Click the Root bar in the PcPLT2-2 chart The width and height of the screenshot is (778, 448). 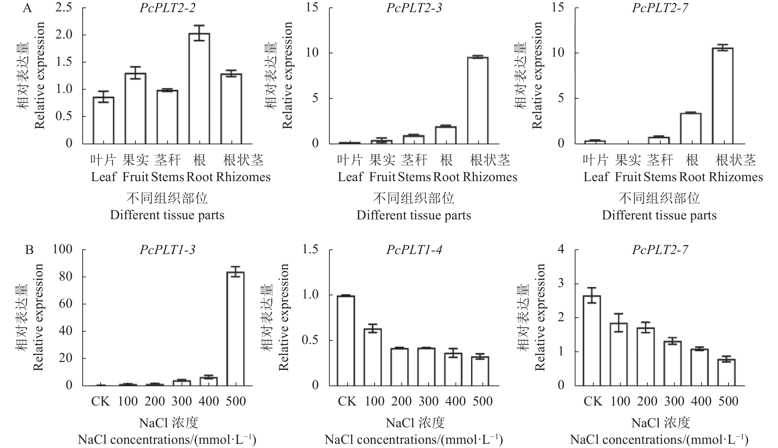tap(199, 89)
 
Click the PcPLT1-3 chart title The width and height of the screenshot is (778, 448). tap(168, 250)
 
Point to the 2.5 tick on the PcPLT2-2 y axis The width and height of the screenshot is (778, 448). tap(64, 7)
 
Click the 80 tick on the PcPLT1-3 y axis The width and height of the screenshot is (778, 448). tap(65, 276)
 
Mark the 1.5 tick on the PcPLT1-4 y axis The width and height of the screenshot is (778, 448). tap(310, 250)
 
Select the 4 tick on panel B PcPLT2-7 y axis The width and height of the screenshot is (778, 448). tap(561, 249)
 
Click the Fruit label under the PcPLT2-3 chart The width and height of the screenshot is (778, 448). tap(382, 177)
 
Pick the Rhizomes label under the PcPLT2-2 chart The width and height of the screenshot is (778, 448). tap(243, 177)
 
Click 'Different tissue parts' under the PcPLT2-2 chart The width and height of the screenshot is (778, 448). tap(167, 215)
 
